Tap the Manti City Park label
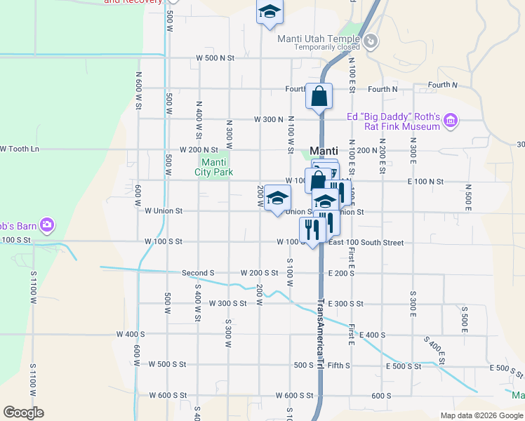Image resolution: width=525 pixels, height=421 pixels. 213,167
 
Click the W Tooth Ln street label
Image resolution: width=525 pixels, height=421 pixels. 20,149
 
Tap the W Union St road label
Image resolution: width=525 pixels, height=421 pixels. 163,210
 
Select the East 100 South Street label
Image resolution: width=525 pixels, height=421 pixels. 366,243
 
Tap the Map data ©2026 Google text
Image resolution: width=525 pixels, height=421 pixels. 481,415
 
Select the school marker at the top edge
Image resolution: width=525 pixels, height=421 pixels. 269,13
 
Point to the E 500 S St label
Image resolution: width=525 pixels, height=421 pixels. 404,366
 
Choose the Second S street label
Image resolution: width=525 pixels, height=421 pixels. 198,273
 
